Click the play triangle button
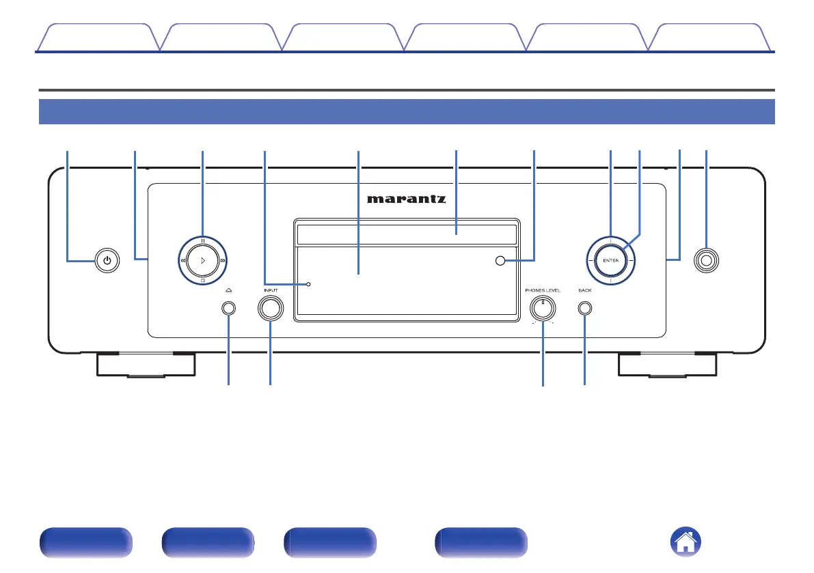pyautogui.click(x=203, y=260)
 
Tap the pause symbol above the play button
pyautogui.click(x=203, y=240)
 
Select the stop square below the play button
pyautogui.click(x=203, y=281)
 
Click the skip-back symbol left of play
pyautogui.click(x=182, y=260)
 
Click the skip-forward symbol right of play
pyautogui.click(x=223, y=260)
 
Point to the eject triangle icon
pyautogui.click(x=228, y=290)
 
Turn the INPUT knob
pyautogui.click(x=271, y=308)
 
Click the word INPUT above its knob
pyautogui.click(x=271, y=290)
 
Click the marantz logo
pyautogui.click(x=407, y=199)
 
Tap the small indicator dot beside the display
pyautogui.click(x=308, y=283)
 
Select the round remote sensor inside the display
pyautogui.click(x=501, y=260)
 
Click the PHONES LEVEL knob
pyautogui.click(x=543, y=308)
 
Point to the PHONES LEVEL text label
pyautogui.click(x=543, y=290)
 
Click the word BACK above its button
pyautogui.click(x=585, y=290)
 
